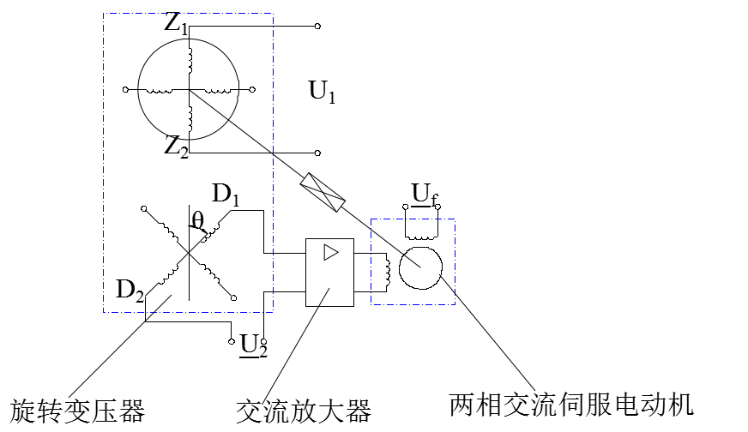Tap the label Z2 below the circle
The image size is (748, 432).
coord(177,147)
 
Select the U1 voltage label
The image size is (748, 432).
coord(322,92)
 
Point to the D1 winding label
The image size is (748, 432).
coord(226,195)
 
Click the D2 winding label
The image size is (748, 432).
coord(130,290)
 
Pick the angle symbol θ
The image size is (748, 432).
coord(197,220)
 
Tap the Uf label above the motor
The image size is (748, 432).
coord(425,195)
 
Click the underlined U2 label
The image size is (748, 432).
coord(253,345)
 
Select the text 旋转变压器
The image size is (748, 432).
coord(78,411)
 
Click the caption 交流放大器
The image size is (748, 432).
coord(304,411)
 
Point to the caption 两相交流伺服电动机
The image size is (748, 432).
coord(571,405)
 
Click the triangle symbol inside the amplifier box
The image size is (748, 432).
coord(330,252)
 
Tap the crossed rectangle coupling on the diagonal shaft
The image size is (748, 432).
coord(323,192)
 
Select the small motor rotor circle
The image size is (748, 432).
coord(420,268)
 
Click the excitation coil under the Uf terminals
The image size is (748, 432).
coord(421,236)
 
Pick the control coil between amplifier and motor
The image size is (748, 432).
coord(388,272)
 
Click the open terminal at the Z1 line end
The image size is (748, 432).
coord(317,27)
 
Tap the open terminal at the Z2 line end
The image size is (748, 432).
coord(317,153)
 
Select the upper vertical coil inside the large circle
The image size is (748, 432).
coord(190,61)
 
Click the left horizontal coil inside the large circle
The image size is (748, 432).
coord(159,91)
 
